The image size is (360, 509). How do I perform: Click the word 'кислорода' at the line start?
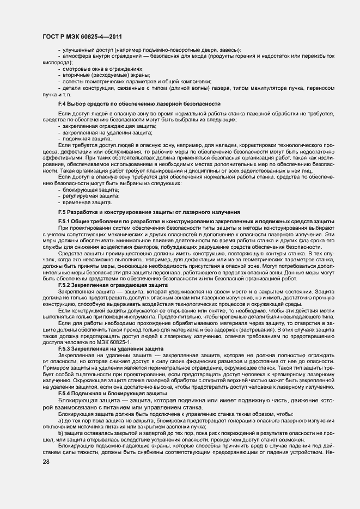[x=53, y=62]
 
